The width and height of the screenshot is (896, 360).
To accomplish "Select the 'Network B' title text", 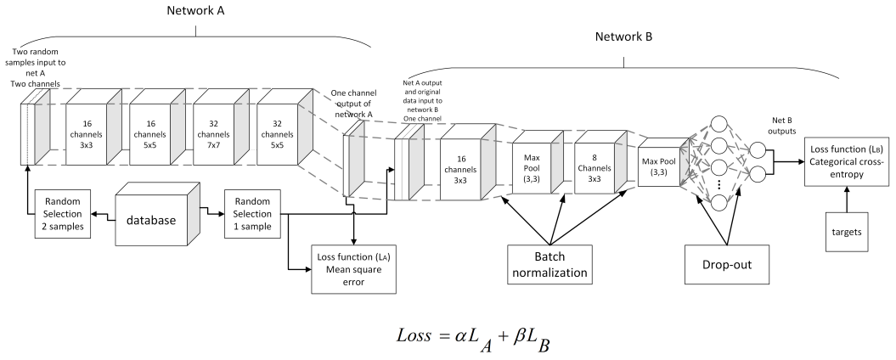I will coord(624,38).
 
